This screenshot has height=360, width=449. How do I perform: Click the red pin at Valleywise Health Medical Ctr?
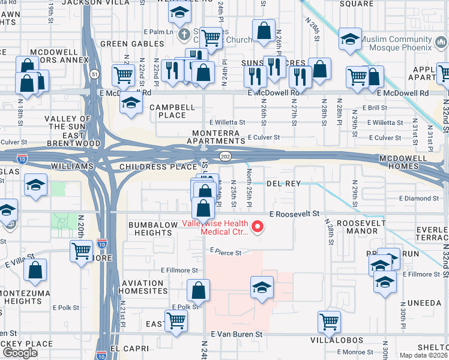coord(258,227)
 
